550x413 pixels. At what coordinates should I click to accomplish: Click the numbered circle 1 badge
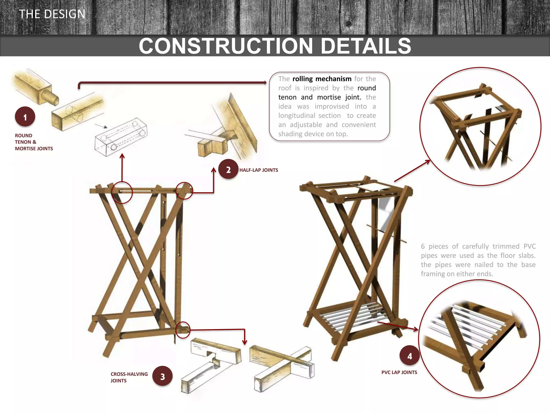coord(25,117)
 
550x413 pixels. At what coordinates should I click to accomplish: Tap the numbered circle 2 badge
coord(228,169)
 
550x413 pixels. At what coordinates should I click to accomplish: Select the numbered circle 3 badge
coord(162,376)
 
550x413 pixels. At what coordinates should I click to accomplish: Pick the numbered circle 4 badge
coord(410,355)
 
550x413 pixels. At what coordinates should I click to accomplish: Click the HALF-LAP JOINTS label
coord(259,170)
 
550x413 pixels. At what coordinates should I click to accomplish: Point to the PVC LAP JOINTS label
coord(399,372)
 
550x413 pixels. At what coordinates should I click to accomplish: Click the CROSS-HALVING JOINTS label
coord(129,377)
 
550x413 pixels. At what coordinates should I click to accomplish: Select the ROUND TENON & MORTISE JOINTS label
coord(34,142)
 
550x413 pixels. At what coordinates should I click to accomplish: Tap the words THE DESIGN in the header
coord(52,14)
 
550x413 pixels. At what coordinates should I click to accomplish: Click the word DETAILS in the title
coord(366,46)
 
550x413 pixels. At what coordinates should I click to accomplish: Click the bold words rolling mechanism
coord(322,79)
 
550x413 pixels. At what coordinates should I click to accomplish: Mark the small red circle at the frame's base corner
coord(183,330)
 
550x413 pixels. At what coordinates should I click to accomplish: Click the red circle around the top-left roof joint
coord(122,192)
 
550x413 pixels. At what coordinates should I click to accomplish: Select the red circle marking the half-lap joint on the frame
coord(184,191)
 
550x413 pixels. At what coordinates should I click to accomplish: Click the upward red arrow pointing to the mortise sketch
coord(122,167)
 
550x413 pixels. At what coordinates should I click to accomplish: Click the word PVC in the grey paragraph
coord(529,246)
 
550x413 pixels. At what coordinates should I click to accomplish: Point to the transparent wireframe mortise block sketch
coord(121,137)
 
